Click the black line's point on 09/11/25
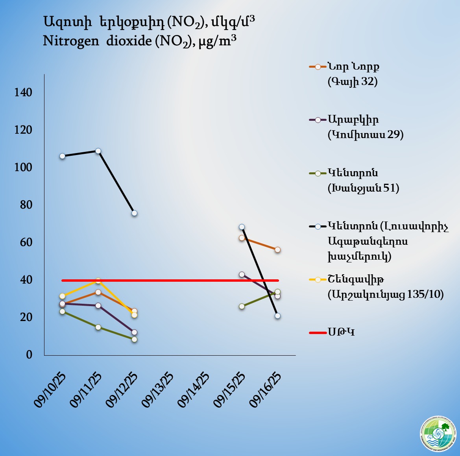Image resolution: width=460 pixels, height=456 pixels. [x=98, y=151]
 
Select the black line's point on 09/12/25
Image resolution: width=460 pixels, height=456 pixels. [x=134, y=213]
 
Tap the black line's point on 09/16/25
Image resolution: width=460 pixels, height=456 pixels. [x=277, y=316]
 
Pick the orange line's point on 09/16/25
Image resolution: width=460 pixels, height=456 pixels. [x=277, y=250]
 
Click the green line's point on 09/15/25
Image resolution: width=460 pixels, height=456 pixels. [x=242, y=306]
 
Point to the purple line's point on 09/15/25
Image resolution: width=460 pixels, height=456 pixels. [x=242, y=274]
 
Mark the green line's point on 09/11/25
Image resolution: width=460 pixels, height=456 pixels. [x=98, y=327]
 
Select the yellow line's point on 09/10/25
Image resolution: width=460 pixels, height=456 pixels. [x=62, y=296]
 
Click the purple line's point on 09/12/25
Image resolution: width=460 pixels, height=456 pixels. [x=134, y=332]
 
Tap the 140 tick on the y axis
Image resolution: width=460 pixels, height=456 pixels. [x=23, y=92]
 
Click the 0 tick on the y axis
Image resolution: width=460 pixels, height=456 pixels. [x=29, y=354]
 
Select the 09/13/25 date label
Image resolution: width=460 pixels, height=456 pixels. [x=157, y=390]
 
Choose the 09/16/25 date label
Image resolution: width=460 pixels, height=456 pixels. [x=266, y=390]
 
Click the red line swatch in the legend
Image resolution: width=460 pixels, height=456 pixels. [x=318, y=333]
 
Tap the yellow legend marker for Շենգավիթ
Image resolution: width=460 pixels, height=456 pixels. [x=318, y=279]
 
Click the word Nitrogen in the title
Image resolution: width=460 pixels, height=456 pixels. [x=71, y=41]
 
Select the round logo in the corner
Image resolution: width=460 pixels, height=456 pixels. [x=438, y=434]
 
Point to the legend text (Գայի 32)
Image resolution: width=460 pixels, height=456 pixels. [x=353, y=82]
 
